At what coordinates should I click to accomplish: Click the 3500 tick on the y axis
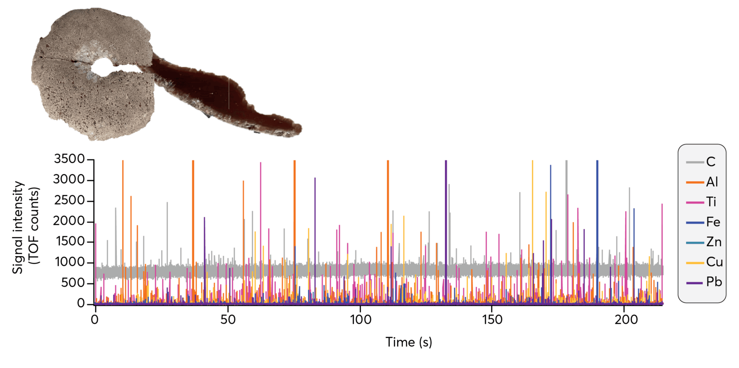pyautogui.click(x=69, y=159)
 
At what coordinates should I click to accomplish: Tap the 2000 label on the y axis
pyautogui.click(x=69, y=221)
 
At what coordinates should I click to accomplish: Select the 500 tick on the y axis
pyautogui.click(x=73, y=283)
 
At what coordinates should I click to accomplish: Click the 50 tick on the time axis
pyautogui.click(x=228, y=319)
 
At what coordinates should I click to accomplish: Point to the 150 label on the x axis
pyautogui.click(x=492, y=319)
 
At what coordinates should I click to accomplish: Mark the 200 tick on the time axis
pyautogui.click(x=626, y=319)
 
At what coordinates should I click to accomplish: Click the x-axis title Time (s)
pyautogui.click(x=409, y=342)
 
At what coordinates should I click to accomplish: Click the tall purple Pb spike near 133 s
pyautogui.click(x=446, y=216)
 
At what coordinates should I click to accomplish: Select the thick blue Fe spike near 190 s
pyautogui.click(x=597, y=216)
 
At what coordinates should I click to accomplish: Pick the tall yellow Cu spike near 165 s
pyautogui.click(x=532, y=216)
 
